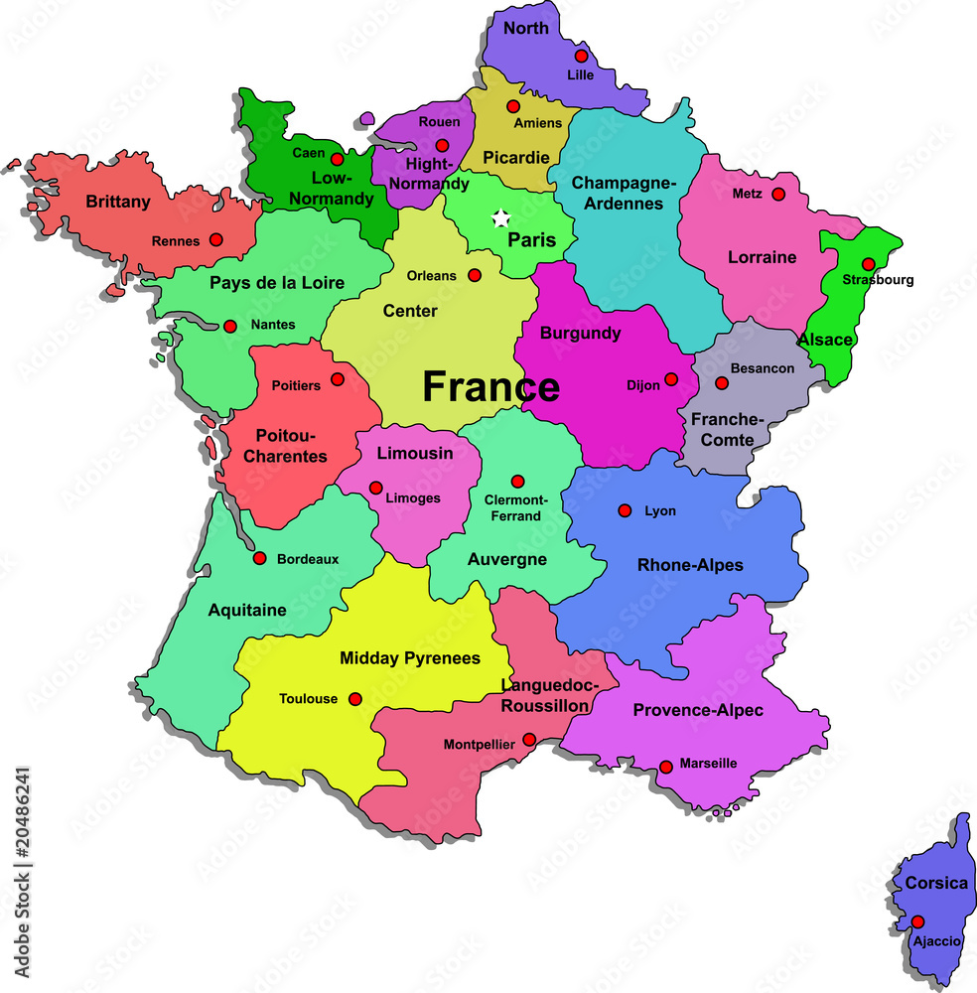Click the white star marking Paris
pos(502,217)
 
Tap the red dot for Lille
pos(581,56)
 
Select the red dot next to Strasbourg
pos(868,264)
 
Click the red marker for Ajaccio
pos(917,922)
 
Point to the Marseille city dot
pos(665,767)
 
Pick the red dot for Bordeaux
pos(260,558)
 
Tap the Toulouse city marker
pos(355,699)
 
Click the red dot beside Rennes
pos(215,239)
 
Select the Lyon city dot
pos(625,510)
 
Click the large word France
pos(490,386)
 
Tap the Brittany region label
pos(118,202)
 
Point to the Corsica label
pos(935,883)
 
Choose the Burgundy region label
pos(580,334)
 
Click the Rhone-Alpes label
pos(690,565)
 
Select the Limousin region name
pos(415,453)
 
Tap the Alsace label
pos(825,340)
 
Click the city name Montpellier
pos(479,744)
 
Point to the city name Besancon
pos(763,368)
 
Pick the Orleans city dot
pos(475,275)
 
